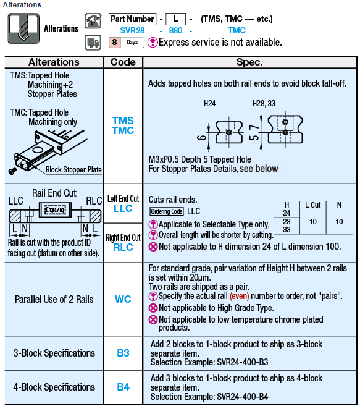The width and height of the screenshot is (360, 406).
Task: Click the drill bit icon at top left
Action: click(23, 29)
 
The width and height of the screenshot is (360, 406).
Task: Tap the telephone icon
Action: click(93, 21)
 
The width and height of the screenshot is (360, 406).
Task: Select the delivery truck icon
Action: click(93, 43)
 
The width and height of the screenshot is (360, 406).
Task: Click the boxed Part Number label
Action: click(132, 19)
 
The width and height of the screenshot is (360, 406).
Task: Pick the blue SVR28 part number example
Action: click(132, 30)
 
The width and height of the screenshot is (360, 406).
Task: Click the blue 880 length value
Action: click(175, 30)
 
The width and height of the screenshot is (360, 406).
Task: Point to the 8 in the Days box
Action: click(114, 42)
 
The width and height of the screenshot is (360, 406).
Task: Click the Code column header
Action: click(123, 62)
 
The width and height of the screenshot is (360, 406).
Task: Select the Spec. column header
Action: click(249, 62)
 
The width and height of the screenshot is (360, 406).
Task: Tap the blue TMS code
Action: click(123, 121)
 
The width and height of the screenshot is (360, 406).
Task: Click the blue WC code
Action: click(123, 299)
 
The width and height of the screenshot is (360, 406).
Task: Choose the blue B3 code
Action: click(123, 353)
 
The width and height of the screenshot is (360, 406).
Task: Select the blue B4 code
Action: click(123, 387)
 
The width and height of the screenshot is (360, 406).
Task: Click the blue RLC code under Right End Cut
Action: click(123, 248)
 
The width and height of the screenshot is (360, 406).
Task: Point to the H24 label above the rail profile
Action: click(209, 104)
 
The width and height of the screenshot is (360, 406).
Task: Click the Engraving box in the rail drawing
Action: click(55, 209)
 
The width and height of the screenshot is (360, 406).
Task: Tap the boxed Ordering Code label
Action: click(167, 211)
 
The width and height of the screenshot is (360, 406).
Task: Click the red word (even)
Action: click(239, 296)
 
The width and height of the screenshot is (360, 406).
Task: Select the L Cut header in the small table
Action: click(312, 205)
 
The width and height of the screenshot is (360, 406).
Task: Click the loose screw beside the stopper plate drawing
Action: click(12, 171)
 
